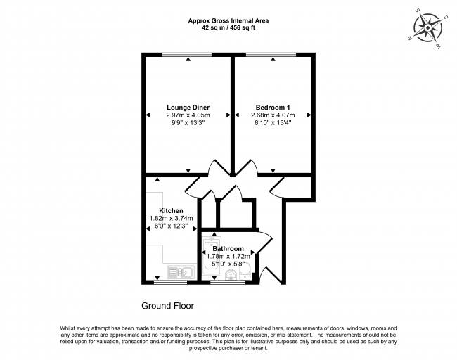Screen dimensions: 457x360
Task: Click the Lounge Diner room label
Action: click(x=188, y=108)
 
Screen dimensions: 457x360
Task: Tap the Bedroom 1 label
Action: click(x=273, y=108)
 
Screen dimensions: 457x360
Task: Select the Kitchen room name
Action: click(x=171, y=210)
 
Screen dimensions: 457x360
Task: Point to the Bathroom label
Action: click(x=228, y=249)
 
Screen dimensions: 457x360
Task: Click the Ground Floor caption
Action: click(x=167, y=306)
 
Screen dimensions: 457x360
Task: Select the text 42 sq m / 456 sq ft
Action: click(x=228, y=28)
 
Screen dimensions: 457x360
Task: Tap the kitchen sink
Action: click(x=181, y=272)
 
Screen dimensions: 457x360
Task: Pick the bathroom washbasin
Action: click(x=231, y=275)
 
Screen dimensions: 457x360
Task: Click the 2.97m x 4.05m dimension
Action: click(x=188, y=115)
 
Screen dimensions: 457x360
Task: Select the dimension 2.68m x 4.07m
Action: click(x=273, y=115)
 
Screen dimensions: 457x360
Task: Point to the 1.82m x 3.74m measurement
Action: click(x=171, y=218)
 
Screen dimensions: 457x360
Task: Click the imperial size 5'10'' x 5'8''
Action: click(x=228, y=264)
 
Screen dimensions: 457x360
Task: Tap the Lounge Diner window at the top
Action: click(x=187, y=55)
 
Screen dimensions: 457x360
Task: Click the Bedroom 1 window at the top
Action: click(x=271, y=55)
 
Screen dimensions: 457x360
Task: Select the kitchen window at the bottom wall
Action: click(x=171, y=282)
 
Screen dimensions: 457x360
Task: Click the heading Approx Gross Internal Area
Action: click(x=228, y=20)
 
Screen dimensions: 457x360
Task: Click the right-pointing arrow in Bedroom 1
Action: click(x=309, y=115)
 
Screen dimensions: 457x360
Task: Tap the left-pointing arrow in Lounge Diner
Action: click(x=148, y=115)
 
